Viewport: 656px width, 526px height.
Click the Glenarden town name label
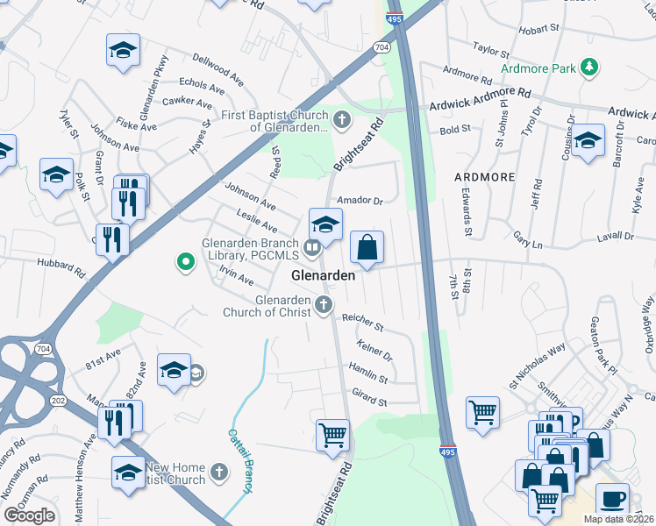coord(323,275)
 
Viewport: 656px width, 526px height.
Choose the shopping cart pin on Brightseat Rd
coord(332,435)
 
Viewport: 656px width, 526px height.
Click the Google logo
coord(29,515)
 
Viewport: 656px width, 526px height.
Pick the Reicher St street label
coord(363,323)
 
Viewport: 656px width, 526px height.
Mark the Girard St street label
coord(369,402)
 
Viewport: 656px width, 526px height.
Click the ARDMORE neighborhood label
coord(484,177)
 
